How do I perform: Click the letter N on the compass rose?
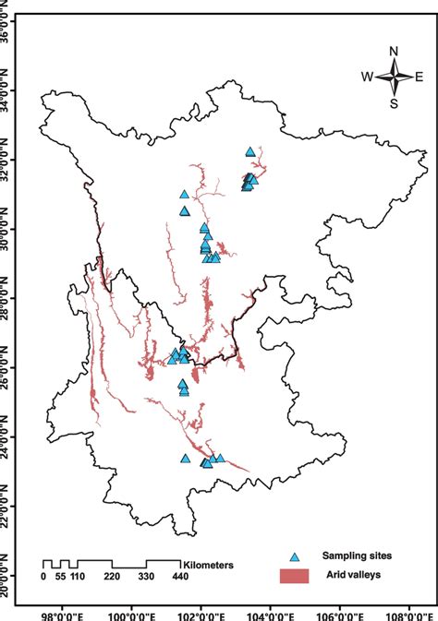(x=394, y=52)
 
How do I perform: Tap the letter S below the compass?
(x=394, y=103)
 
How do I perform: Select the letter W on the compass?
(x=367, y=78)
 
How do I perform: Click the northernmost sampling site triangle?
(x=250, y=151)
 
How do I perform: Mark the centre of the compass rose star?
(x=394, y=78)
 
